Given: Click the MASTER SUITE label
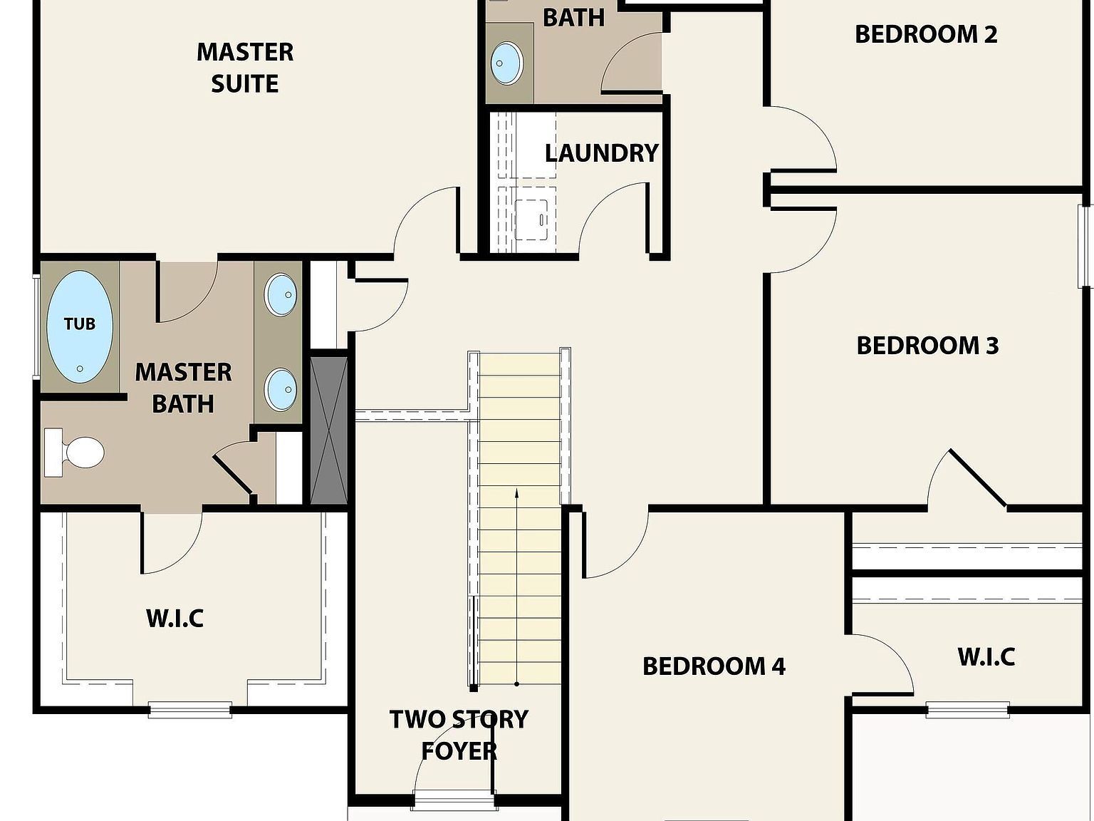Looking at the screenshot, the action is tap(245, 68).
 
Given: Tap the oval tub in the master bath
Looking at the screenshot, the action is tap(80, 327).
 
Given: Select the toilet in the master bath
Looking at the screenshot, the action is tap(75, 453).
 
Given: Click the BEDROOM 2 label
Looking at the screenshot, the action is tap(926, 34).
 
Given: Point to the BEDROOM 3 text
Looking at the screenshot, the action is tap(927, 346).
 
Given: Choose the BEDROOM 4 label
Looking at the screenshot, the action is tap(714, 666).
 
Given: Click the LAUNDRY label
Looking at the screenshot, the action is tap(602, 153).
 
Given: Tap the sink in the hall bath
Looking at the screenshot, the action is tap(507, 63).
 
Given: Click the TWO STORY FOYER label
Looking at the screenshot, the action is tap(459, 735).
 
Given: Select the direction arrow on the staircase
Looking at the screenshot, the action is tap(517, 587).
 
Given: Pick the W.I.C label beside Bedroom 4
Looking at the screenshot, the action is tap(986, 657).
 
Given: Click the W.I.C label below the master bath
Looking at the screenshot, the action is tap(175, 618).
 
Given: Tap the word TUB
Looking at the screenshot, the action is tap(80, 324).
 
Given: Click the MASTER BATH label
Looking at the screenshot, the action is tap(184, 388).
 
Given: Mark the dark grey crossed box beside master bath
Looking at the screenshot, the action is tap(329, 430).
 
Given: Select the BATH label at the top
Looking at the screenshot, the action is tap(573, 18).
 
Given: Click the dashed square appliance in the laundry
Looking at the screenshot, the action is tap(531, 220).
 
